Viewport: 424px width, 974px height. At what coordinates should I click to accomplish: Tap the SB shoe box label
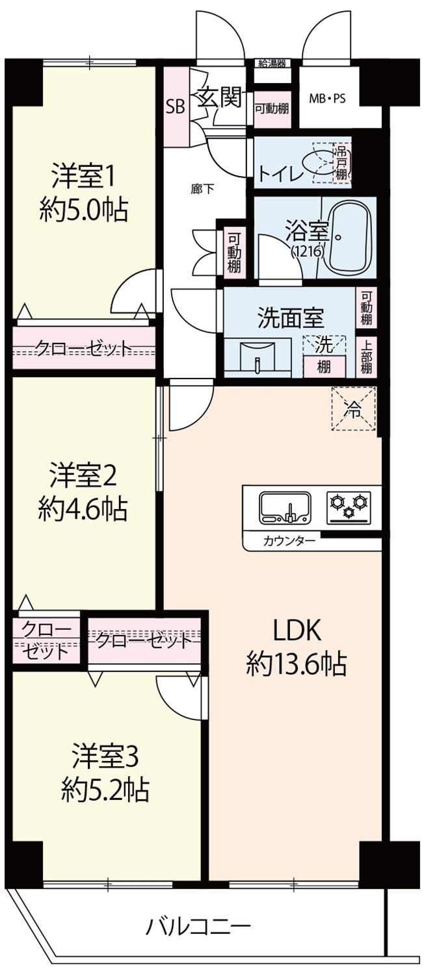(x=176, y=106)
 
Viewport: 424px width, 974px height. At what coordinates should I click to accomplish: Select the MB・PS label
(x=327, y=99)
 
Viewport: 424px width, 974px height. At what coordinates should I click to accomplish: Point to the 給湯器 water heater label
(x=272, y=64)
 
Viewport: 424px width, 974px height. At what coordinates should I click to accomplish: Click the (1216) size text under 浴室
(x=308, y=251)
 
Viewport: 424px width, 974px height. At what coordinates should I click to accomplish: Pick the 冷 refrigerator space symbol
(x=353, y=408)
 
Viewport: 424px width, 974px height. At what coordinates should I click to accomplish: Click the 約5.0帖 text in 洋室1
(x=84, y=210)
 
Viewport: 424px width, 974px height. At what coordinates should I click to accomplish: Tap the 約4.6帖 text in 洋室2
(x=83, y=509)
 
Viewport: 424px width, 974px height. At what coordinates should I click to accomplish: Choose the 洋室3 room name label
(x=105, y=756)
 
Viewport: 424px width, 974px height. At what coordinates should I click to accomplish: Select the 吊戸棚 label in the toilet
(x=341, y=164)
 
